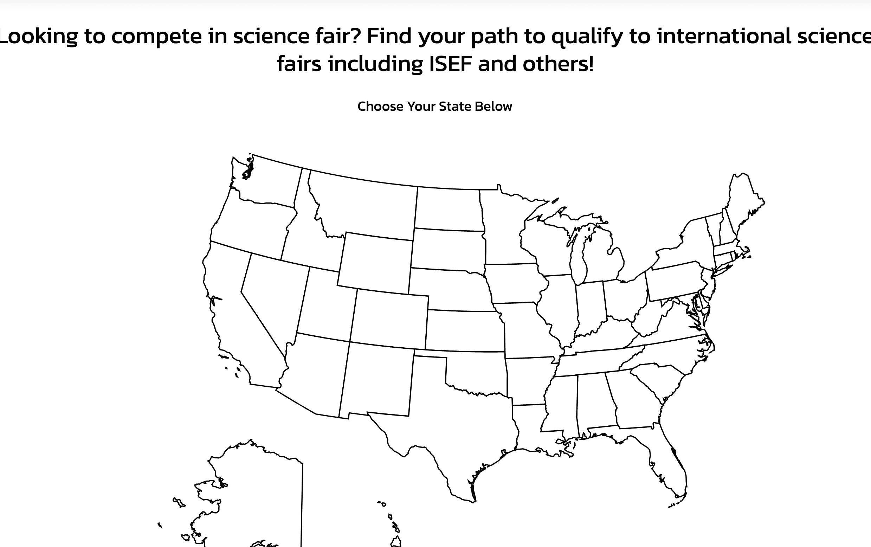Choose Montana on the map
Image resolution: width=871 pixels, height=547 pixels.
pos(365,206)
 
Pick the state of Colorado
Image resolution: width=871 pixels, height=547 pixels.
pos(389,318)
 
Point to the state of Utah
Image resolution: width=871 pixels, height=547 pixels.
pos(325,304)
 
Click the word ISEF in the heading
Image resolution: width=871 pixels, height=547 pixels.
pos(450,64)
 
